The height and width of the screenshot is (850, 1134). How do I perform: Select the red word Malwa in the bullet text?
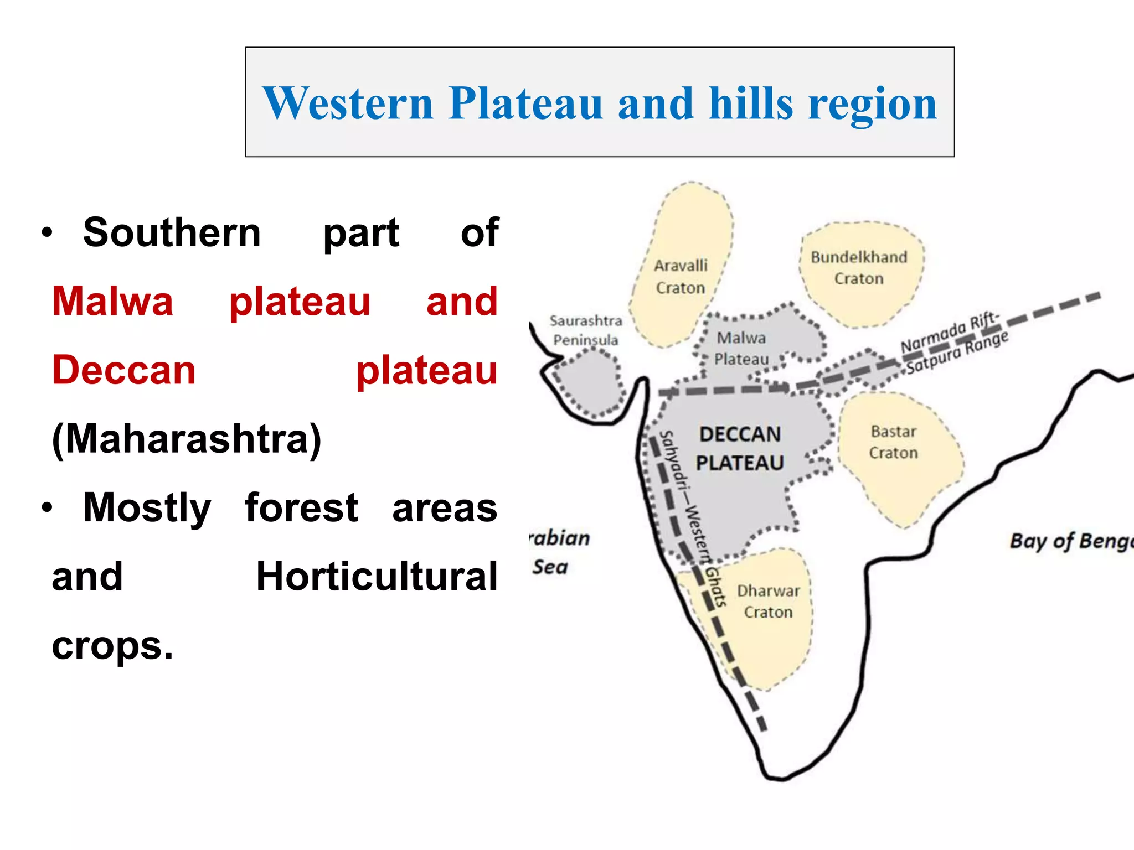click(x=112, y=302)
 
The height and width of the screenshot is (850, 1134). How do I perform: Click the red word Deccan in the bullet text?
click(x=123, y=370)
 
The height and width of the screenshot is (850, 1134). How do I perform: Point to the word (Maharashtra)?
click(x=187, y=439)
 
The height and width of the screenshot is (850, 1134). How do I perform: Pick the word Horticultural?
click(x=377, y=577)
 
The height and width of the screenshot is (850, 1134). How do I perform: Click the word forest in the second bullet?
click(x=301, y=507)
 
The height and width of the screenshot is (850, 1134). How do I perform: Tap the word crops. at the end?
click(x=112, y=645)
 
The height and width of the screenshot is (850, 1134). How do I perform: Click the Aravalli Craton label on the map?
click(x=681, y=277)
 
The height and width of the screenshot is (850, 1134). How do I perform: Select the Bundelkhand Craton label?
click(x=859, y=268)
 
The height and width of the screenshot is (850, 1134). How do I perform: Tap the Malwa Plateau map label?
click(x=741, y=348)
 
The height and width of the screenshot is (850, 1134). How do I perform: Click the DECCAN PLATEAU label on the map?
click(x=740, y=448)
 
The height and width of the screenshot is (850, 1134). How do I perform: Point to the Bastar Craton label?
click(x=893, y=442)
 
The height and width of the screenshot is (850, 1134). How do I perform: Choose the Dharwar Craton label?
click(x=768, y=602)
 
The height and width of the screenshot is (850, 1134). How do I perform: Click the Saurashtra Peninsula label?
click(x=586, y=330)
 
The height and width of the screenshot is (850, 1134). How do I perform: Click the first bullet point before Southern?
click(x=47, y=233)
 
